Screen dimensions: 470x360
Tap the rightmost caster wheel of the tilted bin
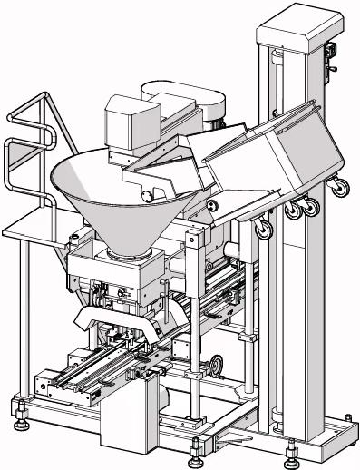343,189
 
